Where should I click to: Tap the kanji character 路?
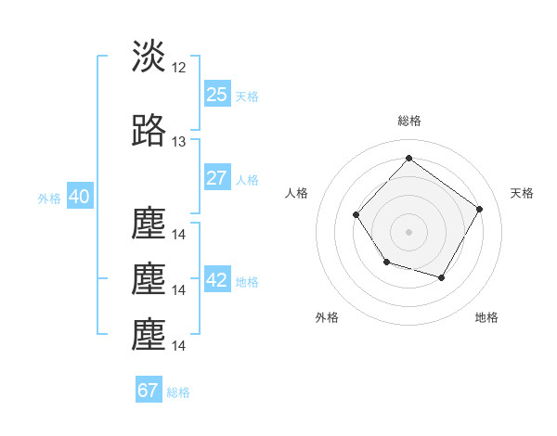pos(149,132)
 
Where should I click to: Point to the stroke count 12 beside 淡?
pos(179,67)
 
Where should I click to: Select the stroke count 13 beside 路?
pos(179,142)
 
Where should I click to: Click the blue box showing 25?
pos(216,95)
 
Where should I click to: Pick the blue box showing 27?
pos(216,179)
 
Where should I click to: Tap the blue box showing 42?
pos(216,281)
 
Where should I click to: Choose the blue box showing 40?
pos(79,198)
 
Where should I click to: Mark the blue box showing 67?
pos(149,391)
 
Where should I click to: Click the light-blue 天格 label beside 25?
pos(247,96)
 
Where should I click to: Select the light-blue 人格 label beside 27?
pos(247,180)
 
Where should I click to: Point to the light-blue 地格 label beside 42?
pos(247,282)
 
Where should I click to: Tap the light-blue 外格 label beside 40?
pos(48,199)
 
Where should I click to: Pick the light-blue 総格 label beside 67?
pos(178,392)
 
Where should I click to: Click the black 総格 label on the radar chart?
pos(408,121)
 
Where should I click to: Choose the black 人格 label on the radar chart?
pos(297,193)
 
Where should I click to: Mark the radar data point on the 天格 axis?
pos(479,209)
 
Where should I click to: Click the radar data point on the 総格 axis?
pos(408,158)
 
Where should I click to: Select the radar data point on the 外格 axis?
pos(386,263)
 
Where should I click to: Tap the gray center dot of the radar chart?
pos(408,232)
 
